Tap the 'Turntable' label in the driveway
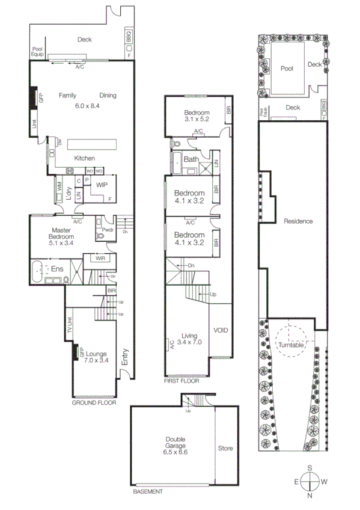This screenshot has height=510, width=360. [x=291, y=345]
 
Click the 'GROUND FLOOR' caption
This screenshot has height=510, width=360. [x=94, y=403]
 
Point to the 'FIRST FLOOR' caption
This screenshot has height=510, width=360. [x=180, y=381]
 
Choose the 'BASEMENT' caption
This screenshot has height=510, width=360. [x=147, y=491]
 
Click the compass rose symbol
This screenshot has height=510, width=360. [x=310, y=481]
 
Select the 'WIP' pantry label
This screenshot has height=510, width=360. [x=102, y=185]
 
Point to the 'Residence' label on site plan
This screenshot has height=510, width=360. [x=299, y=221]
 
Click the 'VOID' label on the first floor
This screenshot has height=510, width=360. [x=221, y=331]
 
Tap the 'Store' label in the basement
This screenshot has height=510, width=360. [x=226, y=449]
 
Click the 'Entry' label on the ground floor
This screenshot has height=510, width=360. [x=125, y=358]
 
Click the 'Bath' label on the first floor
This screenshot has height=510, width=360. [x=192, y=160]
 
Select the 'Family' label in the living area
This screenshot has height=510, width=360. [x=70, y=95]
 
